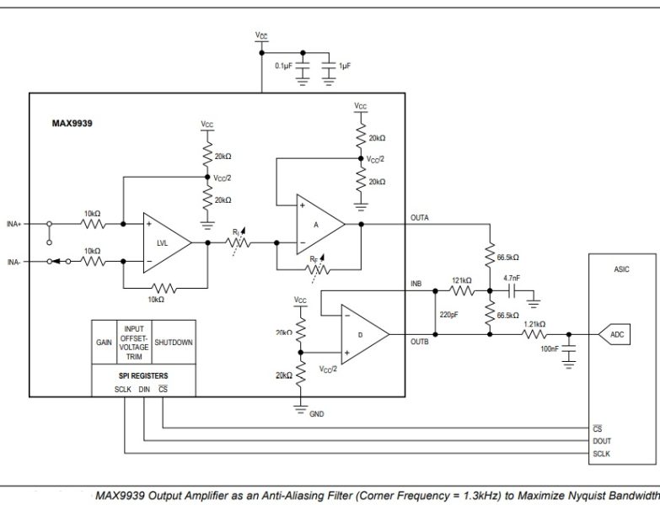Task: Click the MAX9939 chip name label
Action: click(72, 123)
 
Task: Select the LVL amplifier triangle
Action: click(165, 242)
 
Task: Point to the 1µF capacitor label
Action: click(346, 65)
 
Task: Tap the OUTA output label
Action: click(420, 218)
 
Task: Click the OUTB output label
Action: click(420, 342)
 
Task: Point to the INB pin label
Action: click(416, 283)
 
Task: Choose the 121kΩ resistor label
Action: click(462, 280)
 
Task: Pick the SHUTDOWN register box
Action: click(174, 343)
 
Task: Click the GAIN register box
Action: click(104, 343)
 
